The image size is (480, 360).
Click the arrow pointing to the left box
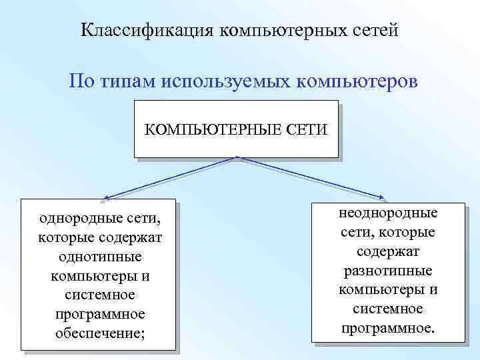[170, 178]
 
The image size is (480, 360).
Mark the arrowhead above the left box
[107, 197]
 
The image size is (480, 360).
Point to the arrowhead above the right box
[383, 197]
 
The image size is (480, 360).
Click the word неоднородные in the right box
[388, 213]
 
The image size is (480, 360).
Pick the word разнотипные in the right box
[388, 271]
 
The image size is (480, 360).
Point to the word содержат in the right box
[388, 251]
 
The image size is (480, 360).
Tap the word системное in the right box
[388, 309]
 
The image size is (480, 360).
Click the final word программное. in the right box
[388, 328]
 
